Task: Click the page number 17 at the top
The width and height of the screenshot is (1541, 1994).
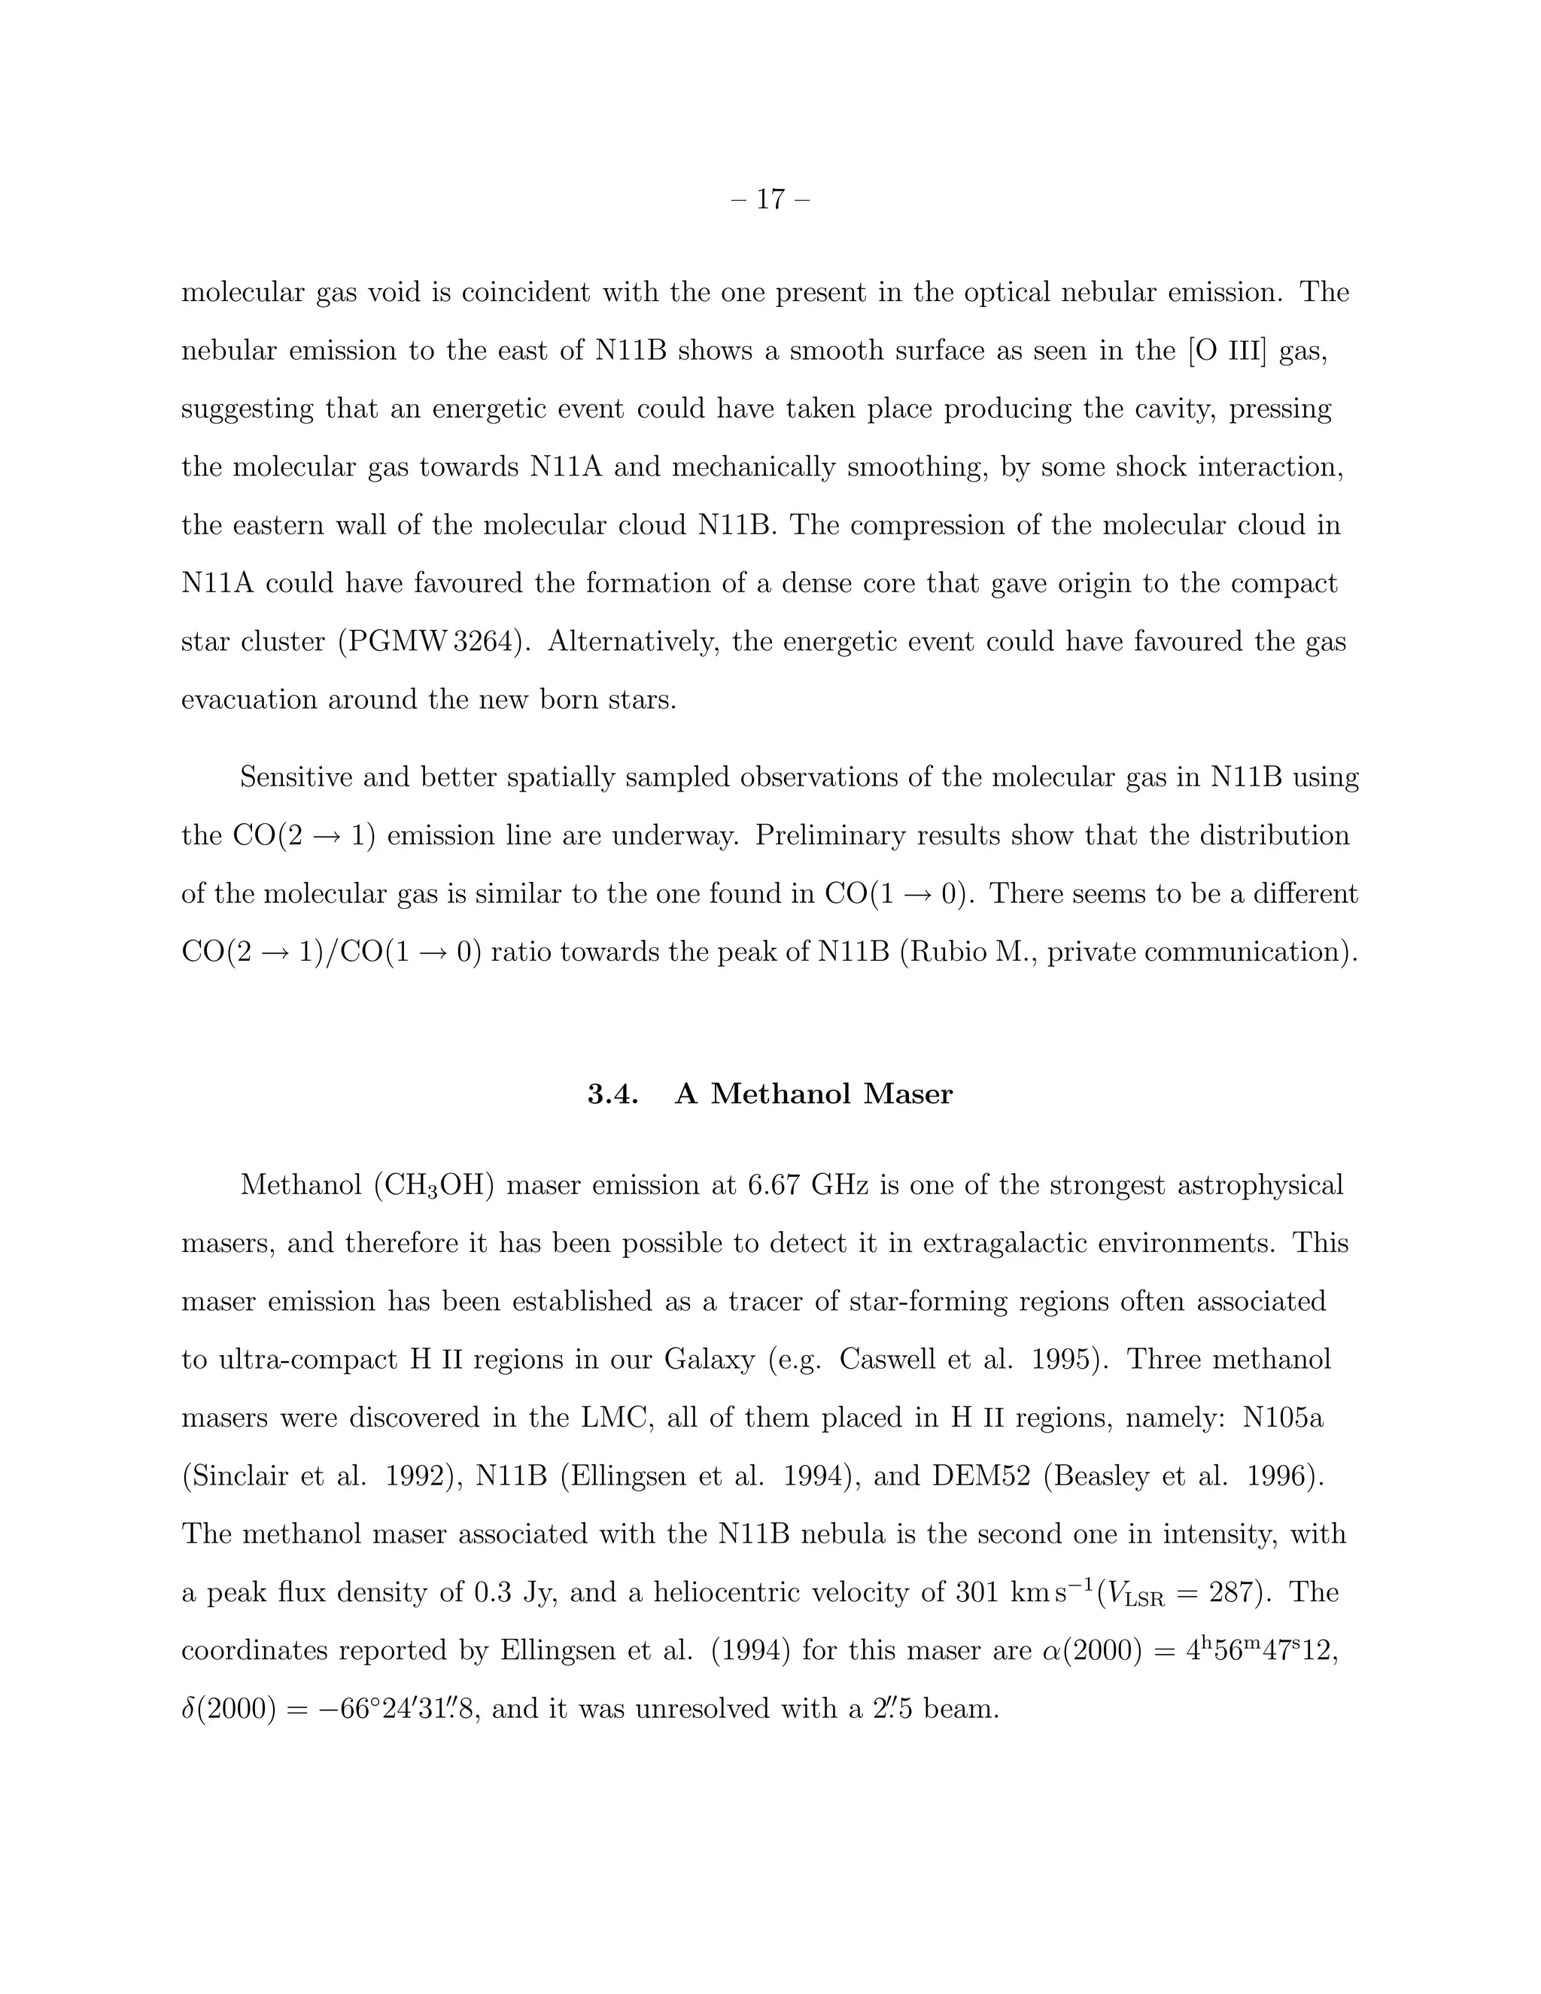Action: click(x=770, y=199)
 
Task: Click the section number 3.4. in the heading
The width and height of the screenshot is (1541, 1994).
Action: click(x=612, y=1094)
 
